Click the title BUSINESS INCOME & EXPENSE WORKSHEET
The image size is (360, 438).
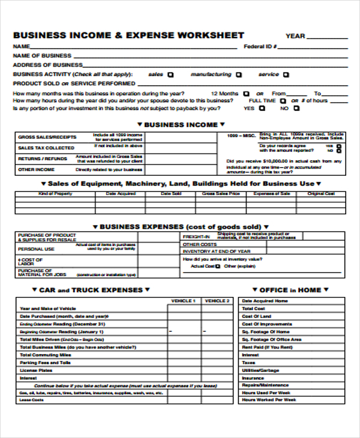[128, 35]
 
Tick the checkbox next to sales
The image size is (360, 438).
[170, 75]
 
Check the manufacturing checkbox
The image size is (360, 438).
[238, 75]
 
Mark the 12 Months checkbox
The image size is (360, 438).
[246, 94]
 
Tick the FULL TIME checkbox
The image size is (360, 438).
[282, 101]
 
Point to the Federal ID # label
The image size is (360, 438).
[260, 46]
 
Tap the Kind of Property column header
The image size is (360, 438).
[55, 194]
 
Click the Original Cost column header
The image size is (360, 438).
[321, 194]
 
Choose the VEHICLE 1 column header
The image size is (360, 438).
[183, 301]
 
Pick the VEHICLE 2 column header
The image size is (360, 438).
[217, 301]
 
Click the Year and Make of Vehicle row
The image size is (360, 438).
[48, 308]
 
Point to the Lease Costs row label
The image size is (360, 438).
[32, 400]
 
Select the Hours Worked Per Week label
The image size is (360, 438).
[269, 400]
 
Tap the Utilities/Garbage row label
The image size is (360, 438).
[260, 370]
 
